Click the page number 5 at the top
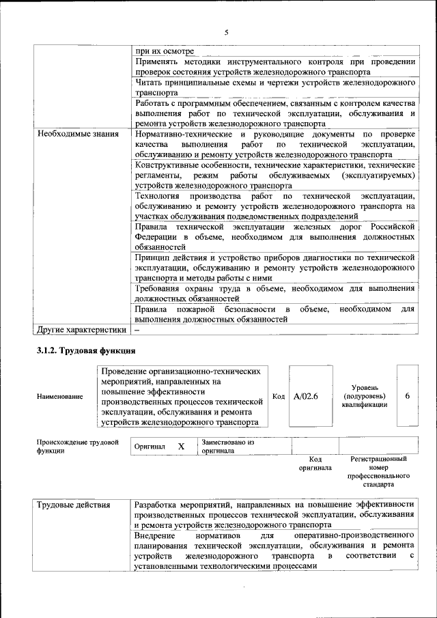coord(226,32)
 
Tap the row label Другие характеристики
coord(82,330)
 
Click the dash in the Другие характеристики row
coord(137,330)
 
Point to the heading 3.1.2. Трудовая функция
coord(86,351)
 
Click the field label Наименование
coord(61,396)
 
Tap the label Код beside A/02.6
coord(279,396)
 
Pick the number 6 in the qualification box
coord(408,396)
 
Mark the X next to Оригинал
coord(181,446)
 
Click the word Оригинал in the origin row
coord(150,447)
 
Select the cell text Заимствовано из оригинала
coord(228,447)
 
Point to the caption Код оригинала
coord(315,464)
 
